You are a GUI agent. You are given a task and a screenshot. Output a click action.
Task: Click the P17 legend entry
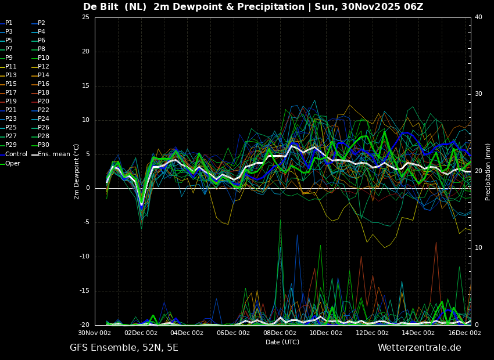(x=11, y=93)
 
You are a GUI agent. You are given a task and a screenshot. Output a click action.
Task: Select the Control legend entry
(x=16, y=154)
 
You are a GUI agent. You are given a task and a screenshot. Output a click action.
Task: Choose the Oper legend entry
(x=13, y=163)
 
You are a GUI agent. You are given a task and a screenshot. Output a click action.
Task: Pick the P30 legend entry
(x=44, y=145)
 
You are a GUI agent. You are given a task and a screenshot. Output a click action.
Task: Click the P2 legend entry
(x=41, y=23)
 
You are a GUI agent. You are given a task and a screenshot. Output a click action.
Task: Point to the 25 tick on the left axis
(x=85, y=17)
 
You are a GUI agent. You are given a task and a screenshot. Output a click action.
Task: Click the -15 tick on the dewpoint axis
(x=84, y=291)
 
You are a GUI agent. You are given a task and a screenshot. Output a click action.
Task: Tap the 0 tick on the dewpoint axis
(x=87, y=188)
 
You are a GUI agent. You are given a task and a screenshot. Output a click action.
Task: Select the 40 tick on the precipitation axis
(x=478, y=17)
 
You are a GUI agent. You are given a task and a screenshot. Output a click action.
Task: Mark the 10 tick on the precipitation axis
(x=478, y=248)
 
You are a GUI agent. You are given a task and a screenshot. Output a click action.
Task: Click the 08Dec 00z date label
(x=280, y=333)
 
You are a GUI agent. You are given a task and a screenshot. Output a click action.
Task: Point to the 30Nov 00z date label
(x=95, y=333)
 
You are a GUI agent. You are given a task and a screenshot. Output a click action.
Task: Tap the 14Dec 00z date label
(x=418, y=333)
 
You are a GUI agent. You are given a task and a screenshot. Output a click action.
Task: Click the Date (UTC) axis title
(x=282, y=342)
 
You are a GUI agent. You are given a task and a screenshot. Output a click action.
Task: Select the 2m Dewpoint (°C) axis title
(x=77, y=171)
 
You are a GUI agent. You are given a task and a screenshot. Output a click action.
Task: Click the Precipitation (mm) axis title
(x=488, y=171)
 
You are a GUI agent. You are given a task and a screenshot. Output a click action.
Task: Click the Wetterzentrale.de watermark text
(x=419, y=348)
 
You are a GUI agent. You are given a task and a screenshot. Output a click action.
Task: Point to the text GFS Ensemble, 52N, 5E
(x=124, y=348)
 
